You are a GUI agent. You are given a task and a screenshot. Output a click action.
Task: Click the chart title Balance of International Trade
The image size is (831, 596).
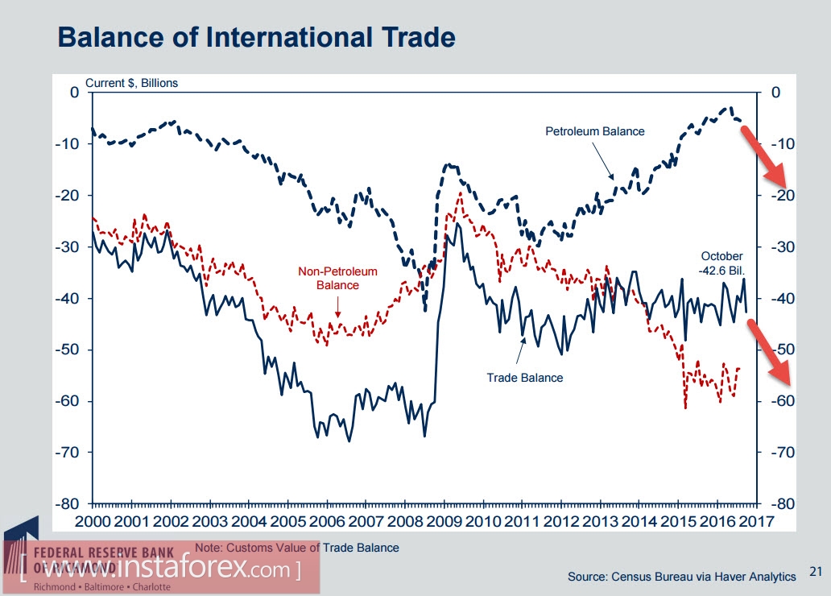[x=257, y=37]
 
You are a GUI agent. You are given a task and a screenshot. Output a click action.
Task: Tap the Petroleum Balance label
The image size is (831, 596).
[x=594, y=130]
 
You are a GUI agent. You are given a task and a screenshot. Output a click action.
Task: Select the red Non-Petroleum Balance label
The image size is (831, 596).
[x=337, y=278]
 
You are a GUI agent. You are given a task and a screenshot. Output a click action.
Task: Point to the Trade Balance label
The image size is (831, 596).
[x=524, y=376]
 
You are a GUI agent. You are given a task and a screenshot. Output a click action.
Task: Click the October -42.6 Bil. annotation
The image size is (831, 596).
[x=721, y=263]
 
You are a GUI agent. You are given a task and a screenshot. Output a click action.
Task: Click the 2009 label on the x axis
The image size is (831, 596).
[x=444, y=521]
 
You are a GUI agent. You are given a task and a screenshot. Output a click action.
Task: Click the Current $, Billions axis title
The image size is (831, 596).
[x=131, y=83]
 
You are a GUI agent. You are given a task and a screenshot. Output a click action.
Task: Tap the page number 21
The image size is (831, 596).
[x=815, y=573]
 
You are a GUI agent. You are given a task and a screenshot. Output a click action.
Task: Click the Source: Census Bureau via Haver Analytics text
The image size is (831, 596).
[x=681, y=576]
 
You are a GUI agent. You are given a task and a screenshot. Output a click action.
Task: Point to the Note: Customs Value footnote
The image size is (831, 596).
[x=296, y=548]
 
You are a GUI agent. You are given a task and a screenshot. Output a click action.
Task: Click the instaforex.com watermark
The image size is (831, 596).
[x=161, y=570]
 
